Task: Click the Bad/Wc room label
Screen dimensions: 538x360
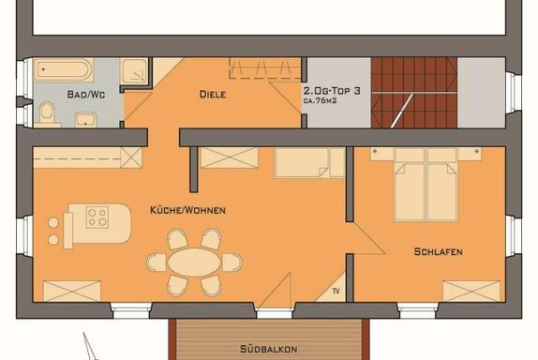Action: pos(86,94)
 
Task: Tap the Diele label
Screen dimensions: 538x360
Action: pos(213,94)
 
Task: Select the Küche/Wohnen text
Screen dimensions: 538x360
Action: pos(187,210)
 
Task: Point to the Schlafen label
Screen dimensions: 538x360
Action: pos(438,251)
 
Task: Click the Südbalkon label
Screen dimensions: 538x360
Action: pos(268,349)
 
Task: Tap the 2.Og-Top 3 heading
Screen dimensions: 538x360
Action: pos(332,91)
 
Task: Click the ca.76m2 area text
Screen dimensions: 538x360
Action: pos(320,101)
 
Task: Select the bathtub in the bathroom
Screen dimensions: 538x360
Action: pos(64,70)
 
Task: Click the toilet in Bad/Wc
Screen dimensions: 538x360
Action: pos(47,113)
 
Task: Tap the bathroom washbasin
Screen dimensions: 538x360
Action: pos(85,120)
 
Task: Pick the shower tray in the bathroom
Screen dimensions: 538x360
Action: pos(135,70)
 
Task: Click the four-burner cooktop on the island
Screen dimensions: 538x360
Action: pos(97,217)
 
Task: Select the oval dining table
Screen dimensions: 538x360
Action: pos(194,262)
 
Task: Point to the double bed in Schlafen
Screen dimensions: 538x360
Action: pos(426,184)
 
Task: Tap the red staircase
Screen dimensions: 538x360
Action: pos(414,93)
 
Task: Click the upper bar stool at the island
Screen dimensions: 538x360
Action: pos(53,223)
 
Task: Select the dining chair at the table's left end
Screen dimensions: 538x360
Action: pos(157,262)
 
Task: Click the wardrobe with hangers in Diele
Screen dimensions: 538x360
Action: pos(265,68)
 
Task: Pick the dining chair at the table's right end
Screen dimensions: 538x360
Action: pos(232,262)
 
